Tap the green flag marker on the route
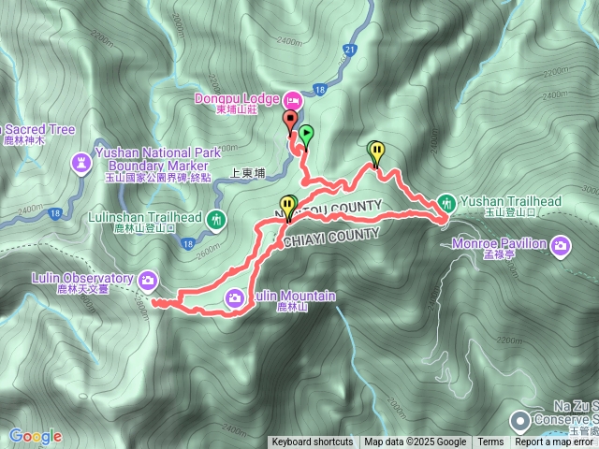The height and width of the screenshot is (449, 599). coord(305,134)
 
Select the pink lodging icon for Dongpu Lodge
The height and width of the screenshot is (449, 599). coord(291,98)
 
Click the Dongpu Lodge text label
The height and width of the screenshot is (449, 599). coord(236,98)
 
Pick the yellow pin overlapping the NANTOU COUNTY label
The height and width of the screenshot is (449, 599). coord(287,205)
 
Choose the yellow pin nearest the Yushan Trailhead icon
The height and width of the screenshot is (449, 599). coord(375,151)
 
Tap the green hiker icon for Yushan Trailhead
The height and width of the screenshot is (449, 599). coord(446,201)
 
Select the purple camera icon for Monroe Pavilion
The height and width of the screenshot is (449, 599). coord(561,245)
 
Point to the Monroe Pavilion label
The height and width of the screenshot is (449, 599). coord(514,244)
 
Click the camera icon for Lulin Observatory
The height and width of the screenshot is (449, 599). coord(148,279)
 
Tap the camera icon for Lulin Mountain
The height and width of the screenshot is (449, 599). coord(235,297)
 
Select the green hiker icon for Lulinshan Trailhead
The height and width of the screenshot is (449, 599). coord(217,221)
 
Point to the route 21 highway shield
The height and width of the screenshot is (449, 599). coord(349,49)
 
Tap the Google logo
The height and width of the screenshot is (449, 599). coord(35,436)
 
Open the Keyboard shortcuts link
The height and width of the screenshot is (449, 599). coord(313,442)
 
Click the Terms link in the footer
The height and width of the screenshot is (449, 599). coord(490,442)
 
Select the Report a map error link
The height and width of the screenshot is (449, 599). coord(555,442)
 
